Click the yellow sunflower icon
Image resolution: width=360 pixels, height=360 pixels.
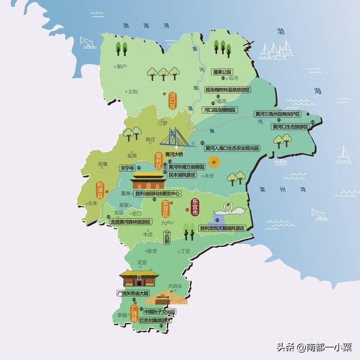click(x=213, y=162)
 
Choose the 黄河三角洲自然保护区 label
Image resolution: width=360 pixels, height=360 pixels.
click(x=277, y=114)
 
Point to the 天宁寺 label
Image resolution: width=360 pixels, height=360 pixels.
click(x=127, y=168)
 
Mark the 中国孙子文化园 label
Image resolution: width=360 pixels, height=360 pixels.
click(x=159, y=312)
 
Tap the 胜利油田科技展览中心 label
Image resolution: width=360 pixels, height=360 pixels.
click(x=159, y=193)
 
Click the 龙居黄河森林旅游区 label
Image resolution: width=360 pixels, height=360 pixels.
click(x=130, y=222)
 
